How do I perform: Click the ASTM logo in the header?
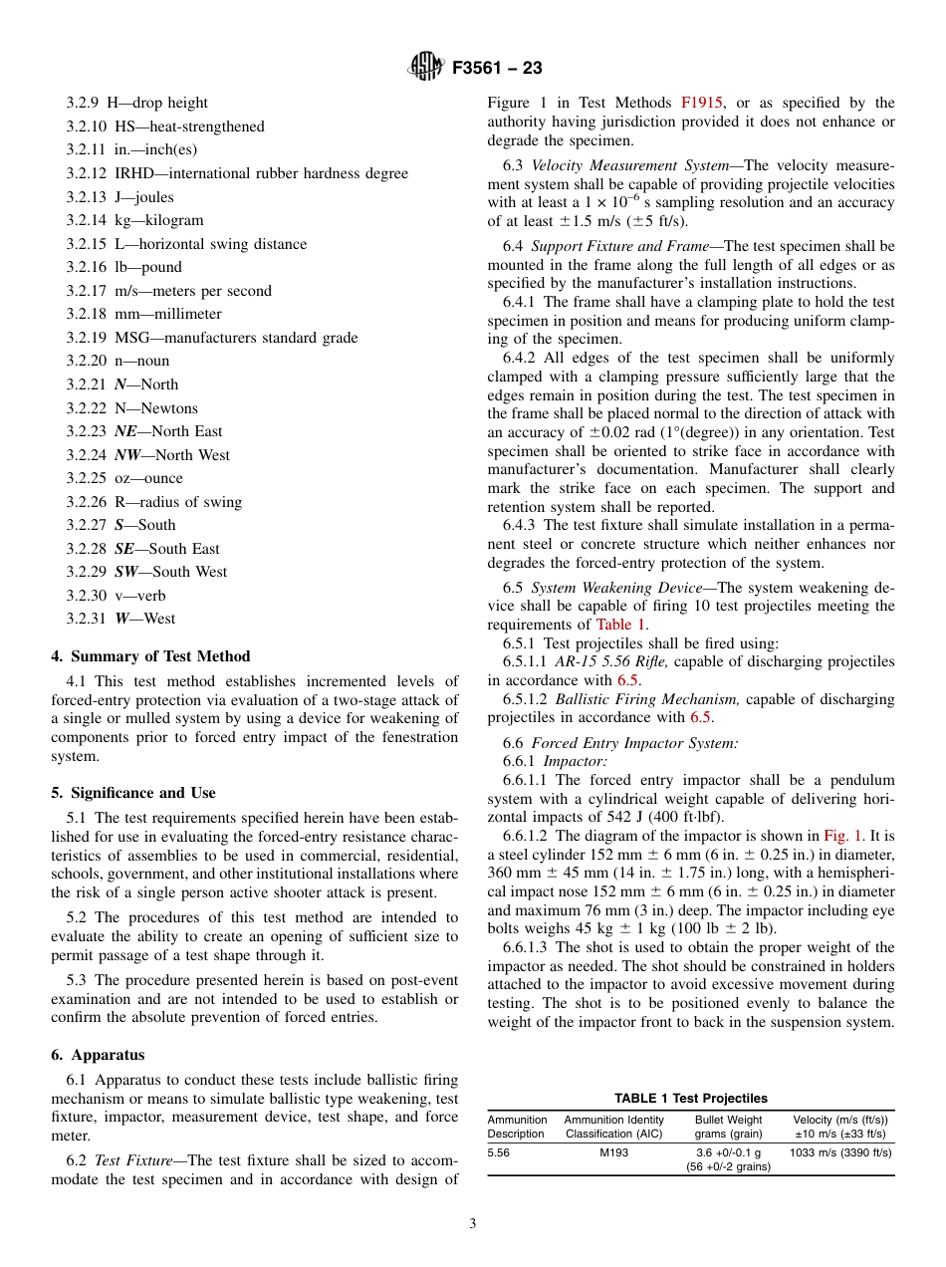point(425,68)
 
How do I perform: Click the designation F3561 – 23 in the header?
point(497,69)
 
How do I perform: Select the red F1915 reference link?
point(702,103)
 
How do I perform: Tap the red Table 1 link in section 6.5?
point(621,625)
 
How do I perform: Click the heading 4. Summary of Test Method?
point(150,656)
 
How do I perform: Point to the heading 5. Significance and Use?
point(133,793)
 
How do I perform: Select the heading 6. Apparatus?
point(98,1055)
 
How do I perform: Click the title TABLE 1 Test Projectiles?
point(690,1099)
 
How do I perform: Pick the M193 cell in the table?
point(613,1152)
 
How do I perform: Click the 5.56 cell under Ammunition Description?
point(499,1152)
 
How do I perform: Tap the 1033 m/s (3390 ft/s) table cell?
point(839,1152)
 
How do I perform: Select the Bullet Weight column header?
point(728,1120)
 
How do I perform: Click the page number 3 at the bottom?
point(473,1224)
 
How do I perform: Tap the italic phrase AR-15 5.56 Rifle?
point(612,662)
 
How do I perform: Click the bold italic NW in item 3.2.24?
point(125,455)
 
